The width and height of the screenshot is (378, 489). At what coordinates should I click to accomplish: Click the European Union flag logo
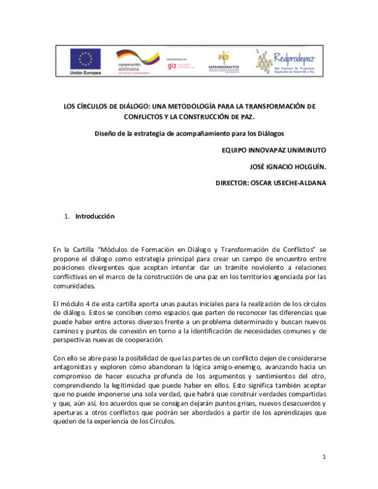[x=85, y=59]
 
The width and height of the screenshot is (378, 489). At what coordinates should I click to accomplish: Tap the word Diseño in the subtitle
[x=106, y=134]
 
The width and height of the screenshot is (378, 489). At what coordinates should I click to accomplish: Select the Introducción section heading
[x=94, y=216]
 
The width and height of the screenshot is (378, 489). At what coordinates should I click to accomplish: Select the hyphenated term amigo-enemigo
[x=232, y=367]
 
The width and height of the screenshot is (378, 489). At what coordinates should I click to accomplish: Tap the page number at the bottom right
[x=323, y=456]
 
